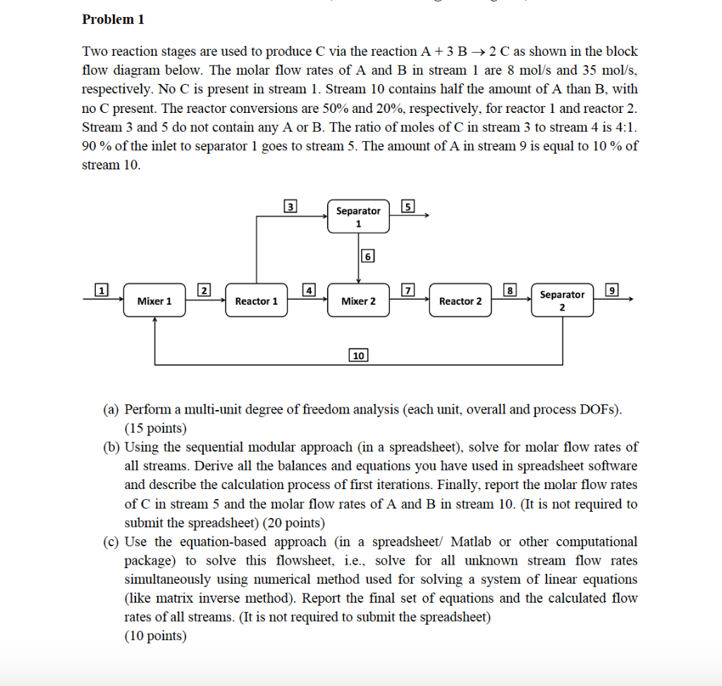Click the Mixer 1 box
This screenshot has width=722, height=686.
pos(154,301)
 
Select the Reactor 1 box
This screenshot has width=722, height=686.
pos(256,301)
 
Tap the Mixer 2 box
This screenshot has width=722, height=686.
pos(358,301)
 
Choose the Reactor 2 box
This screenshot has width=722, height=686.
pos(460,301)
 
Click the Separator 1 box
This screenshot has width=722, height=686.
pos(358,217)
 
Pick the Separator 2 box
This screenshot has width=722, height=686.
pos(562,301)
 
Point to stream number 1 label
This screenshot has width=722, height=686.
pos(102,289)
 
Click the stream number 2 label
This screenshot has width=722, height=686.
pos(204,289)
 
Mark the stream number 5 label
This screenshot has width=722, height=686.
pos(407,206)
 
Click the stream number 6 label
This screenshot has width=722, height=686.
pos(367,256)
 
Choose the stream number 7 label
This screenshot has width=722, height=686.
pos(407,289)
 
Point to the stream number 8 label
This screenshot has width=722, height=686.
pos(510,289)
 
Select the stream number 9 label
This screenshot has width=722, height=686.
pos(612,289)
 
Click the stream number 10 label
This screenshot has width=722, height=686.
pos(358,355)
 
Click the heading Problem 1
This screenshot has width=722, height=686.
pos(113,20)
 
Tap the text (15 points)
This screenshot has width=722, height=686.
pos(155,428)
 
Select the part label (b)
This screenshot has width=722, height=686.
pos(111,447)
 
